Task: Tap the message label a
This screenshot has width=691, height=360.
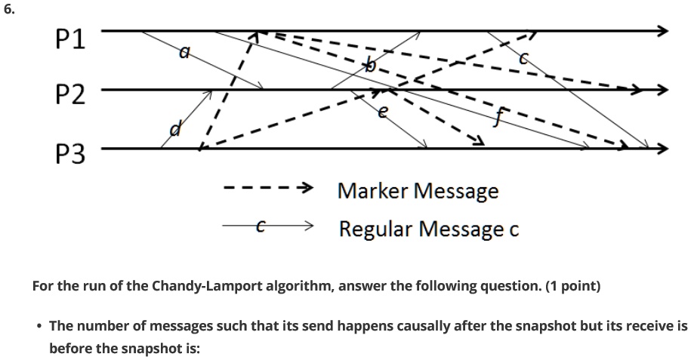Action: pyautogui.click(x=184, y=52)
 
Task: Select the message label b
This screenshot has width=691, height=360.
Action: pyautogui.click(x=369, y=67)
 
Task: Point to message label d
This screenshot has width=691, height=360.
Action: pyautogui.click(x=174, y=131)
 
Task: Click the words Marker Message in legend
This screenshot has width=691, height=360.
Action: pyautogui.click(x=418, y=190)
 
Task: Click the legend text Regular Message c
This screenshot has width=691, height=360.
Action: pyautogui.click(x=428, y=227)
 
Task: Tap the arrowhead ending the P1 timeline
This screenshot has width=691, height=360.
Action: pyautogui.click(x=663, y=32)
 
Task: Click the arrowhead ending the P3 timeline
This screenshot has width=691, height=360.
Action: pyautogui.click(x=663, y=149)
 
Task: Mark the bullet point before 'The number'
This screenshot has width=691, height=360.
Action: pyautogui.click(x=39, y=326)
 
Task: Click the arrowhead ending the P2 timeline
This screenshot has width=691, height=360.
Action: pyautogui.click(x=663, y=91)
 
